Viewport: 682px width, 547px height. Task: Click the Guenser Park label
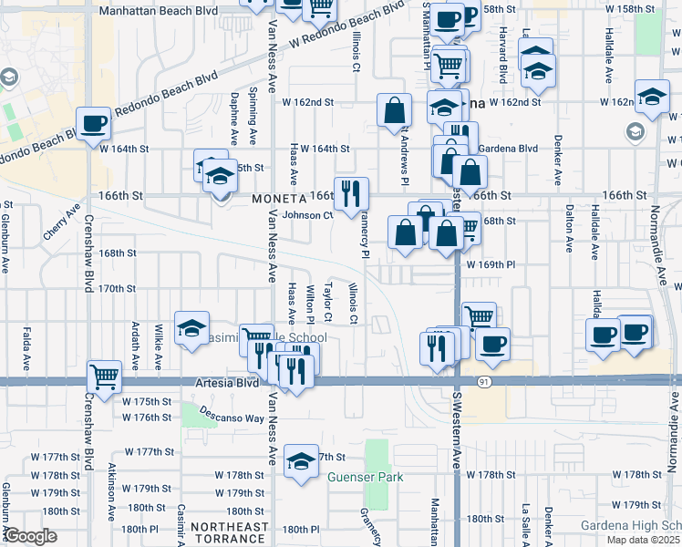click(x=366, y=477)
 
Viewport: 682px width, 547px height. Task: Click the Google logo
click(x=30, y=535)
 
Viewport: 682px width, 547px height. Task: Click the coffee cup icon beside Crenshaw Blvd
click(x=94, y=123)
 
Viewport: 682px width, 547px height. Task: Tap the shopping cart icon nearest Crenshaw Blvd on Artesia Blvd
click(x=105, y=374)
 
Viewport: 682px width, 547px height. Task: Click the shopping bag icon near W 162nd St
click(x=394, y=110)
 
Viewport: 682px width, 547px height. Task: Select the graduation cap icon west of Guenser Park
click(x=301, y=461)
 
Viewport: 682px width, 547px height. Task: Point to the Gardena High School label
click(x=631, y=526)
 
